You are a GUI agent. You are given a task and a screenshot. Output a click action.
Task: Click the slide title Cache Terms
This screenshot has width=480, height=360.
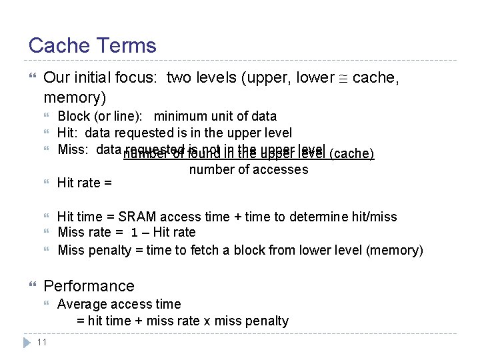click(92, 45)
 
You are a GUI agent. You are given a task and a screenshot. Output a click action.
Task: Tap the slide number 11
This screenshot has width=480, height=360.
click(41, 342)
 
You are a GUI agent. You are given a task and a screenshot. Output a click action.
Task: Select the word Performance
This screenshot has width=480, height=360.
click(89, 286)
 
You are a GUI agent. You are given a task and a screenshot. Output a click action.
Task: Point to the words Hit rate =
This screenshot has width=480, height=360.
click(84, 183)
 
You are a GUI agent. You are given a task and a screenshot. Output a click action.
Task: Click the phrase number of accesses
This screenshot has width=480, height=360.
click(249, 169)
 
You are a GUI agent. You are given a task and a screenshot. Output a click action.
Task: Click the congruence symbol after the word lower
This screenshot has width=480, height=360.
click(343, 79)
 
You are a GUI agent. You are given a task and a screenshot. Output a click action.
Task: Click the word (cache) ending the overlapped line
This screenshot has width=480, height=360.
click(352, 154)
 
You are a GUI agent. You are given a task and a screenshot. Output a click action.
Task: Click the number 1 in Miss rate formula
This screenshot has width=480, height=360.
click(135, 233)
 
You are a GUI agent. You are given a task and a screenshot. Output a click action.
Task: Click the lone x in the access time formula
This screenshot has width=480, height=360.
click(207, 321)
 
